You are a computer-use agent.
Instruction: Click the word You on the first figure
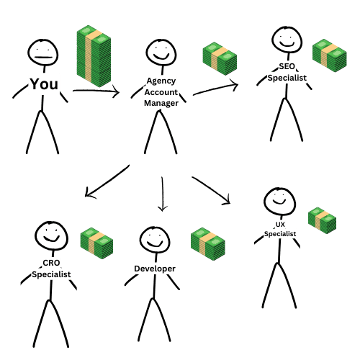[x=44, y=84]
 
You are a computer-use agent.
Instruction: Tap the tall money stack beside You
[x=94, y=56]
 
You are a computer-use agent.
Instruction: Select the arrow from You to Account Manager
[x=96, y=91]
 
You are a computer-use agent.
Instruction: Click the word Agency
[x=161, y=81]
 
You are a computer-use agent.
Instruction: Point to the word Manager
[x=161, y=103]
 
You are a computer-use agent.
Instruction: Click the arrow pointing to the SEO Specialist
[x=215, y=89]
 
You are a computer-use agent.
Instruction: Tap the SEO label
[x=287, y=66]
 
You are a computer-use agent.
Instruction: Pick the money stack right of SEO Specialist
[x=330, y=55]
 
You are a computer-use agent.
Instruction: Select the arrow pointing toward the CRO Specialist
[x=107, y=181]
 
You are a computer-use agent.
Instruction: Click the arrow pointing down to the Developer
[x=163, y=194]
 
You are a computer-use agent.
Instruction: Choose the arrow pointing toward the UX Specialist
[x=211, y=190]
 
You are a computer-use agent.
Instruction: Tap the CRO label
[x=51, y=263]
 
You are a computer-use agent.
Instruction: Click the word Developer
[x=155, y=269]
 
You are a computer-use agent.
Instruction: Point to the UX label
[x=280, y=225]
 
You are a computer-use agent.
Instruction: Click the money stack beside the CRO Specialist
[x=96, y=243]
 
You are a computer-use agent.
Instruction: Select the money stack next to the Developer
[x=208, y=244]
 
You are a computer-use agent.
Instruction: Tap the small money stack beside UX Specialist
[x=322, y=220]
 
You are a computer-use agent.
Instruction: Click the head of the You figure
[x=43, y=53]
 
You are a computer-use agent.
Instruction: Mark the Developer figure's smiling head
[x=155, y=240]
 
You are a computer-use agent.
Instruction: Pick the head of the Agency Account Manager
[x=161, y=53]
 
